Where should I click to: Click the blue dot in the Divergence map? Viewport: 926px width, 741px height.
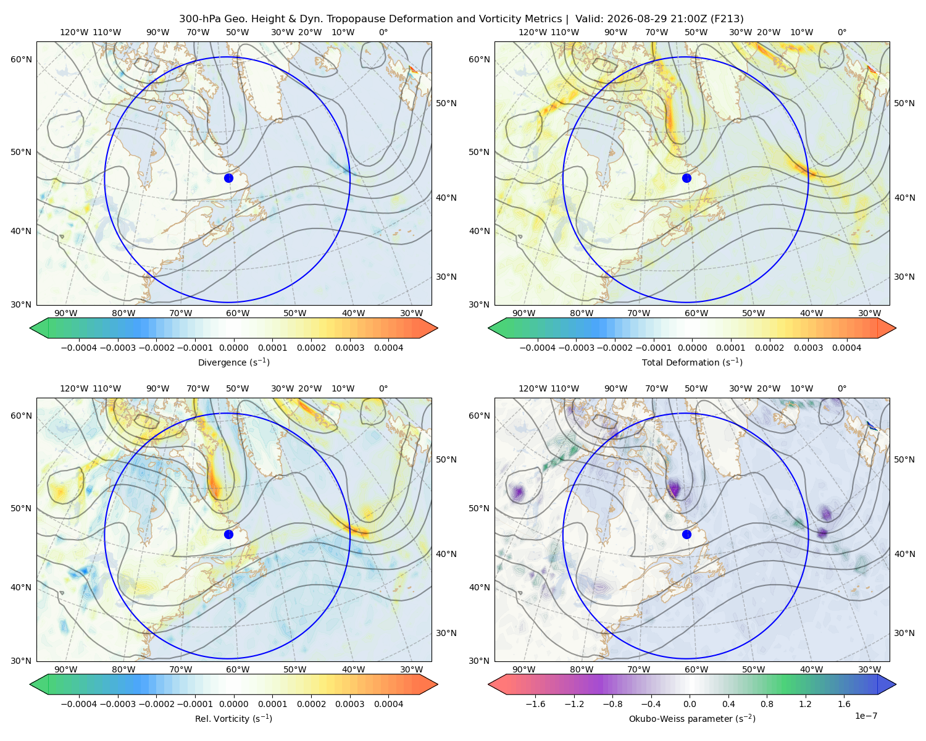coord(228,178)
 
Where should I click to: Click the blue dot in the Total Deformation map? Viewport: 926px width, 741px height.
coord(686,178)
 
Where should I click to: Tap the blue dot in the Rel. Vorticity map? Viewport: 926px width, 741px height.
coord(228,534)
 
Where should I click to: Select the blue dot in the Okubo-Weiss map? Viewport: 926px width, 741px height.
coord(686,534)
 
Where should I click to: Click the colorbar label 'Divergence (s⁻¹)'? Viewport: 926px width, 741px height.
coord(233,362)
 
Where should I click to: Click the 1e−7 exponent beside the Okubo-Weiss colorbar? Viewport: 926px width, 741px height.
coord(866,716)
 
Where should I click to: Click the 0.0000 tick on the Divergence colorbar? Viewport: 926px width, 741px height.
coord(233,348)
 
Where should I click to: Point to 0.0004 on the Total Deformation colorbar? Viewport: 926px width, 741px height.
coord(846,348)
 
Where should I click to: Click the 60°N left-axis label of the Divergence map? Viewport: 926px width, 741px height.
coord(21,59)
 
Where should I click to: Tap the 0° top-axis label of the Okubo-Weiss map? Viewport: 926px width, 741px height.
coord(841,388)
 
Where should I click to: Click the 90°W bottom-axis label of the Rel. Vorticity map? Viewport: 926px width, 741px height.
coord(66,669)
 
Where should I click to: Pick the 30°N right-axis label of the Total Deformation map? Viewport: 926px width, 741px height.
coord(904,277)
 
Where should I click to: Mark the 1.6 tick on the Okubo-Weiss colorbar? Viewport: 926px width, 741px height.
coord(844,704)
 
